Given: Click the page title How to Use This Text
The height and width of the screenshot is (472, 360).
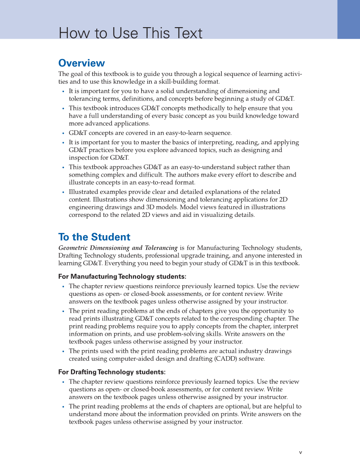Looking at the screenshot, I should [x=131, y=33].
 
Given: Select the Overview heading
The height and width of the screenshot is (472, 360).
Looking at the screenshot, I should [x=81, y=63].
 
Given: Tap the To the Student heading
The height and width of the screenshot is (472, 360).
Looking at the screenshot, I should [x=94, y=237].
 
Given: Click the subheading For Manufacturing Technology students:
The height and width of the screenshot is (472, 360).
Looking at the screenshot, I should [x=122, y=277].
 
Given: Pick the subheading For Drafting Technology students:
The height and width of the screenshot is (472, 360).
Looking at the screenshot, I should [x=112, y=372].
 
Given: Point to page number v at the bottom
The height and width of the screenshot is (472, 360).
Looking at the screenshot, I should [x=300, y=452].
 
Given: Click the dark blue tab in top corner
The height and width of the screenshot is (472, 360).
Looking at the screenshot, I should [x=349, y=19].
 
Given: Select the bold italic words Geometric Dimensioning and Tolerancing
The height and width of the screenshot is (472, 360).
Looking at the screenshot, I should [x=118, y=248].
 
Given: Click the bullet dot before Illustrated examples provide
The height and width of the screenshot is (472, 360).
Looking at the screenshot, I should [x=63, y=192].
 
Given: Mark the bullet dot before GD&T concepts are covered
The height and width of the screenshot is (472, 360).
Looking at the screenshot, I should [x=63, y=133].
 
